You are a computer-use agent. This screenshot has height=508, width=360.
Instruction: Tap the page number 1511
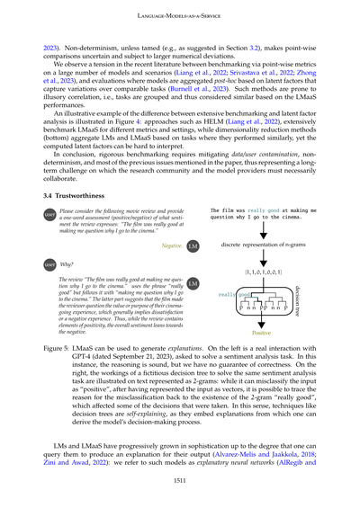tap(179, 480)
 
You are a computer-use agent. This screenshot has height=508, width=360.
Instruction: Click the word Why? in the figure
tap(67, 266)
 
